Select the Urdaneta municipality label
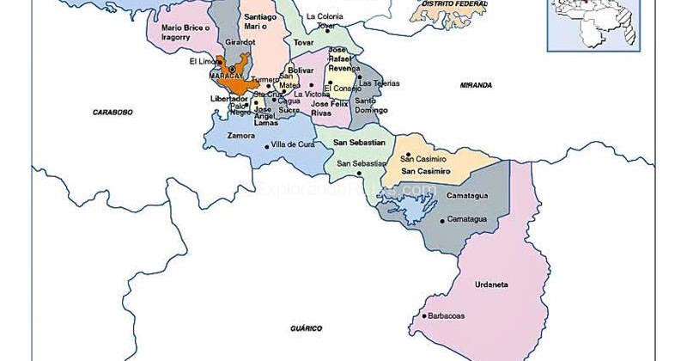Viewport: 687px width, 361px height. pyautogui.click(x=493, y=285)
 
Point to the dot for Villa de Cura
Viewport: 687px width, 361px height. pyautogui.click(x=267, y=146)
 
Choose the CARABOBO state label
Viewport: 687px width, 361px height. pyautogui.click(x=113, y=113)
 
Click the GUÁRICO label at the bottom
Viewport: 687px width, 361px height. pyautogui.click(x=304, y=328)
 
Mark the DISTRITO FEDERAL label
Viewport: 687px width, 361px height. pyautogui.click(x=449, y=4)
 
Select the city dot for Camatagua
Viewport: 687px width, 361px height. pyautogui.click(x=442, y=220)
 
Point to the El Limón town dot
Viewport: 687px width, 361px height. pyautogui.click(x=219, y=61)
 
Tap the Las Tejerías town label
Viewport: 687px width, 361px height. pyautogui.click(x=379, y=83)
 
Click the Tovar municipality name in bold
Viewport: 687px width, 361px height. pyautogui.click(x=303, y=41)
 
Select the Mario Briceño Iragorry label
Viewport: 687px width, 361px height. pyautogui.click(x=183, y=33)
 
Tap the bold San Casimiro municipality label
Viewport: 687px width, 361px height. pyautogui.click(x=421, y=171)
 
